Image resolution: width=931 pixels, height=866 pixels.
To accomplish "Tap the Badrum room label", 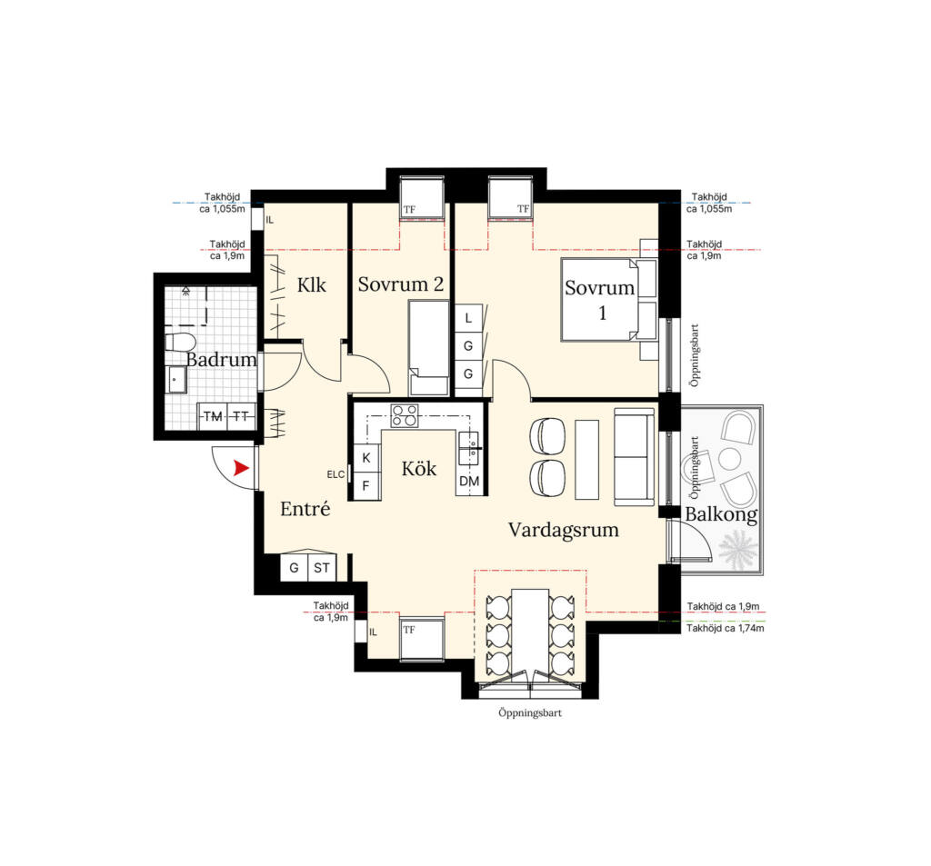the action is [221, 359].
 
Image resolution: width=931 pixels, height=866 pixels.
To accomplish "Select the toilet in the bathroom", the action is [179, 343].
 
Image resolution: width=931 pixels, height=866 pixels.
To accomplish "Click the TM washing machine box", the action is [213, 417].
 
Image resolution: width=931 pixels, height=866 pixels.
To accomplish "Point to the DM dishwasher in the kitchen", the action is [470, 482].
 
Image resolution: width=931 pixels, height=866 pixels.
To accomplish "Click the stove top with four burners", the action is [404, 415].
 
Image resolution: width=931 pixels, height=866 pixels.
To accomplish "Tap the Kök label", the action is [418, 469].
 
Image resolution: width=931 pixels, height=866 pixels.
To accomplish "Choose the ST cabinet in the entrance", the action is [322, 568].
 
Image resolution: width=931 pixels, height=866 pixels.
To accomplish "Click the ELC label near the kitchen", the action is [335, 474].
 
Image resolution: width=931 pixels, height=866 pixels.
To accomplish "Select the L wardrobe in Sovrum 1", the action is [468, 318].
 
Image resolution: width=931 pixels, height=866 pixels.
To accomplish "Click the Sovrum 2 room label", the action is [401, 284].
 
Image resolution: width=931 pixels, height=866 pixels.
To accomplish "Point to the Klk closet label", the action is [312, 285].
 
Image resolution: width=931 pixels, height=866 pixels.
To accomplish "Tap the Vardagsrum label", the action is [564, 530].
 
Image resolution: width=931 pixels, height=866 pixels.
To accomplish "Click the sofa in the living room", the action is [634, 456].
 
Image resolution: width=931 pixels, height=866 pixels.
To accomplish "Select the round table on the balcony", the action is [730, 459].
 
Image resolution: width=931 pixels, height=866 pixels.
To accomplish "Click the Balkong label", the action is [721, 514].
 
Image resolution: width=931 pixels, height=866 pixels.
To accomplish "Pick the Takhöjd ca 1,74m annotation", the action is [726, 628].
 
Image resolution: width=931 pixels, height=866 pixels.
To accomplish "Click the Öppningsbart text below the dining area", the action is [530, 712].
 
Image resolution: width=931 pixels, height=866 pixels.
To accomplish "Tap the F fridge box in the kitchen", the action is [365, 486].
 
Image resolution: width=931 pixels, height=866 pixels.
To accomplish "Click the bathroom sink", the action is [177, 380].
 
